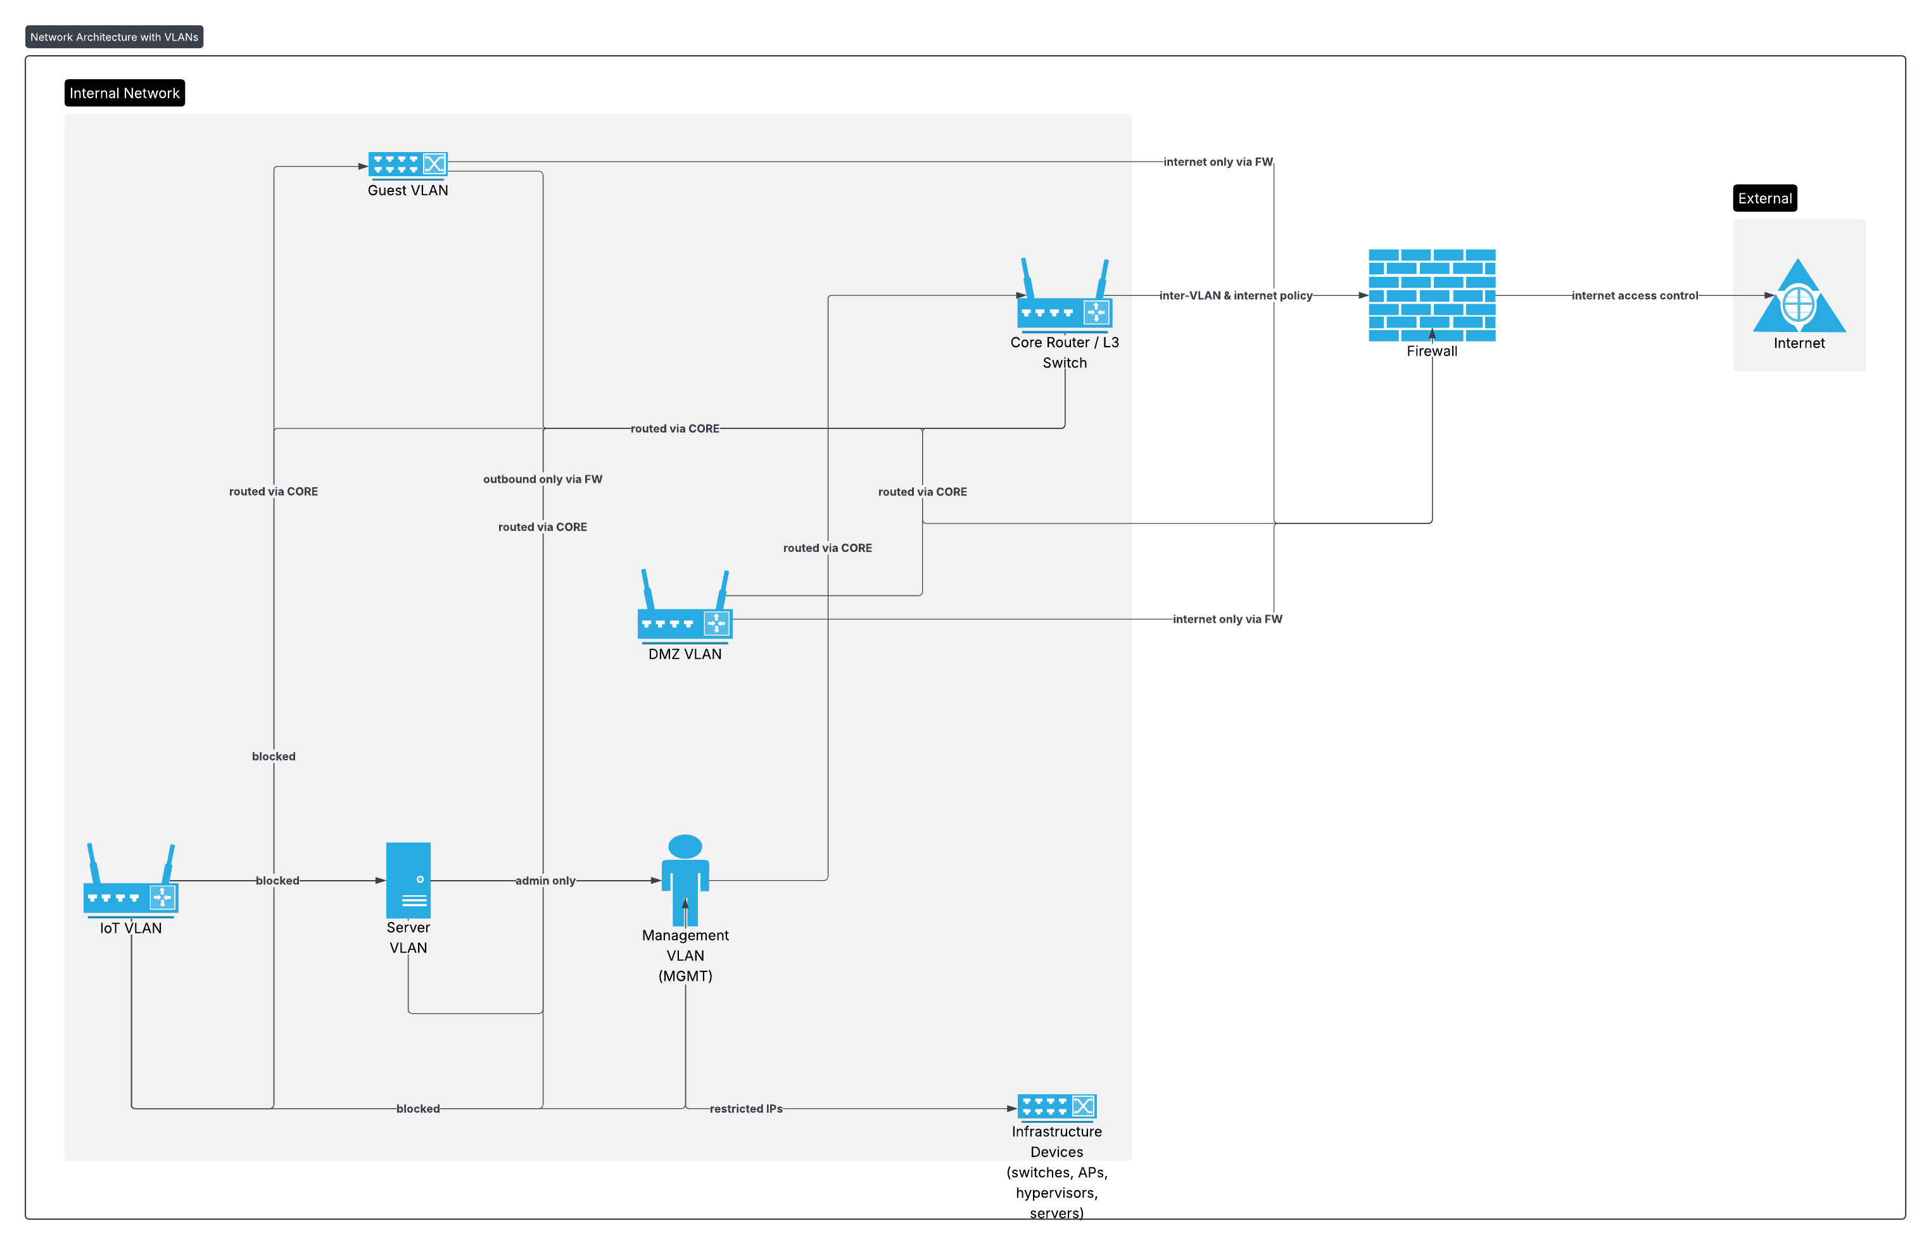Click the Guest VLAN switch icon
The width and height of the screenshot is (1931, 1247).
pos(407,164)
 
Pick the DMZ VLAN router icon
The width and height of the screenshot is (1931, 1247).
pos(685,606)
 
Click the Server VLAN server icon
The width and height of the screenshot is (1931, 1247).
pos(408,879)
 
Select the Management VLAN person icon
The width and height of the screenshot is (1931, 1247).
pos(685,879)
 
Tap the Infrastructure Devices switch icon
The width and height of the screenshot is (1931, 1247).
pos(1056,1106)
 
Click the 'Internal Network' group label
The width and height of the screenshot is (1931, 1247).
pos(125,93)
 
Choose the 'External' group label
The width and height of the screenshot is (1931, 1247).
pos(1764,198)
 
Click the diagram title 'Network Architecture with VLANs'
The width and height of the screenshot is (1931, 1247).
pos(114,37)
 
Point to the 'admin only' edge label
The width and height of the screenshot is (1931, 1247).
pos(545,880)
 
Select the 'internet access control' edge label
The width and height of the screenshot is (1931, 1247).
pos(1634,295)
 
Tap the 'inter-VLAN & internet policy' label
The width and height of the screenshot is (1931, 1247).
pos(1235,295)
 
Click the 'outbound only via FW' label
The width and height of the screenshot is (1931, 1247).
pos(542,480)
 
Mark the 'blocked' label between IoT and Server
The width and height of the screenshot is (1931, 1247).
pos(277,880)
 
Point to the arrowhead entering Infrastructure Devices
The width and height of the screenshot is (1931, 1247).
pos(1011,1108)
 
